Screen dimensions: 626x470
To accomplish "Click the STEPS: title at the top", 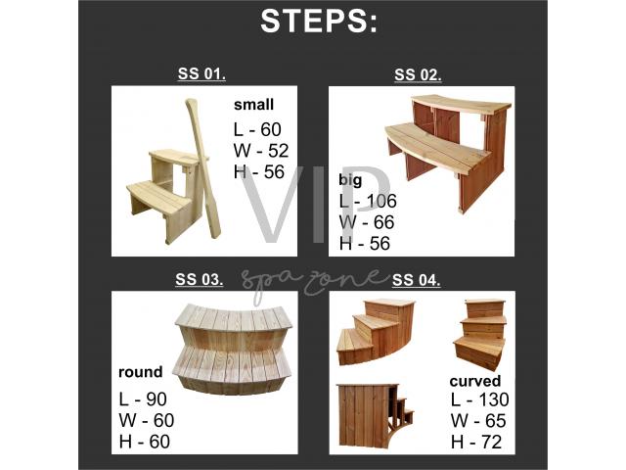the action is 318,22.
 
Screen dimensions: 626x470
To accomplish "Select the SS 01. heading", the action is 201,74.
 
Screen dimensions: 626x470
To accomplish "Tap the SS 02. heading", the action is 418,74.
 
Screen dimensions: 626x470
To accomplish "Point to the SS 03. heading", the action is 200,279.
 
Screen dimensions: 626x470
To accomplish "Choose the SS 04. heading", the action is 416,280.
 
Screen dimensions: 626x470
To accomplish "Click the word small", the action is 254,105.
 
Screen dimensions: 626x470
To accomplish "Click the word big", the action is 350,180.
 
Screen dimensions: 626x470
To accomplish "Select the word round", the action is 141,372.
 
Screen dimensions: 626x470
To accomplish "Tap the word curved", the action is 475,381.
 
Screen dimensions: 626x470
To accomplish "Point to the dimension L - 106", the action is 368,201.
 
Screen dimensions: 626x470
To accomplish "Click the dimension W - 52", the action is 261,151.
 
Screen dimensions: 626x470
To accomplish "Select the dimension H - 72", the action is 476,442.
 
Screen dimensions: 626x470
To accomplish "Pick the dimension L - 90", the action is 143,399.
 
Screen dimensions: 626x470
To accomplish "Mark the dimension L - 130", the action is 480,399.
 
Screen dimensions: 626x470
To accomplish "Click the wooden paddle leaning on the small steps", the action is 202,167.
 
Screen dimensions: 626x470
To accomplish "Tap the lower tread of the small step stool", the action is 158,195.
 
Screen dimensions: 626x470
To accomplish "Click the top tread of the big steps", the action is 462,104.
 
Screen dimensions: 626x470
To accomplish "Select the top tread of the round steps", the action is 234,317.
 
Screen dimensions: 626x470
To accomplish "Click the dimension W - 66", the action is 367,222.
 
